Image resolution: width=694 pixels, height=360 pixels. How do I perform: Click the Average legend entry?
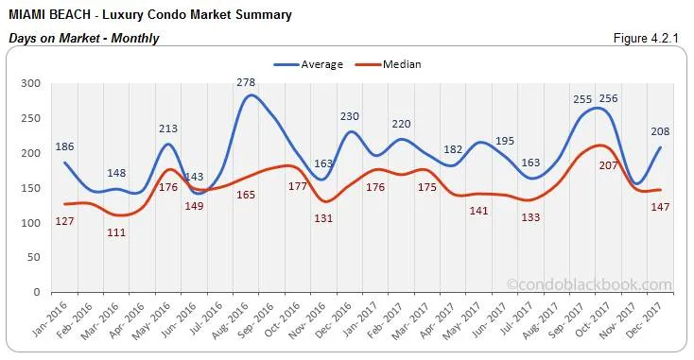click(312, 65)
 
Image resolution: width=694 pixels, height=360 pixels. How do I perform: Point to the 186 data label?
click(64, 147)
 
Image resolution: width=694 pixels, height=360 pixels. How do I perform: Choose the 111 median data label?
click(117, 232)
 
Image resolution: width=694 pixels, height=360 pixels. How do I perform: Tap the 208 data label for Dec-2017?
click(662, 132)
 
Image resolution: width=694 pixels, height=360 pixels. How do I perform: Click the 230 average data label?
click(351, 116)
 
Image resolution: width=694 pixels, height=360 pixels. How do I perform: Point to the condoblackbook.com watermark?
click(588, 283)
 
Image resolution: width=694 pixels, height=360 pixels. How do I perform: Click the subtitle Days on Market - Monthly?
click(83, 39)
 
